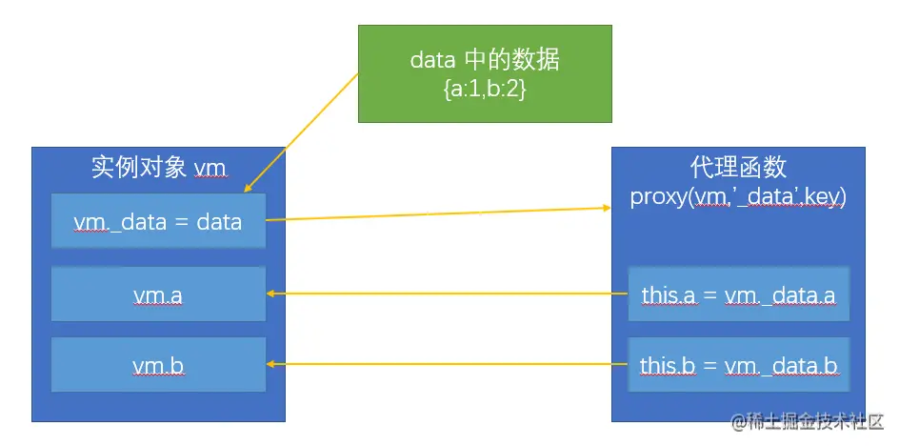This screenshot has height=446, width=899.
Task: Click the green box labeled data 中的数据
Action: (485, 72)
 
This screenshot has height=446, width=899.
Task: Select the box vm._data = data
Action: (158, 222)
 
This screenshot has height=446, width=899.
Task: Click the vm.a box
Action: (158, 295)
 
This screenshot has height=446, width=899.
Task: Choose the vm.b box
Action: (158, 364)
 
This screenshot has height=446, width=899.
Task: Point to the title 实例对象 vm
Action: (158, 169)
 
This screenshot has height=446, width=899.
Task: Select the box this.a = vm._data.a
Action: (738, 295)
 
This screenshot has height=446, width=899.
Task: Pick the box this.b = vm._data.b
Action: (738, 364)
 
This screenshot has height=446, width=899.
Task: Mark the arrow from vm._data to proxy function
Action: (438, 213)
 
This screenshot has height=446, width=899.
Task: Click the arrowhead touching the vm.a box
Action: (271, 294)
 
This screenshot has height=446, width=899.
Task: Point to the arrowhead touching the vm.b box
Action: (271, 363)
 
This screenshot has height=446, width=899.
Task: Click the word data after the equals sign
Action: (219, 222)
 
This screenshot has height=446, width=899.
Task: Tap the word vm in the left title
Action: (210, 170)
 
